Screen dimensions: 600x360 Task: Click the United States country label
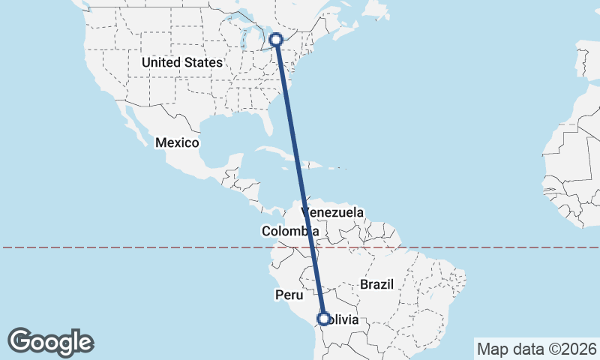[x=182, y=62]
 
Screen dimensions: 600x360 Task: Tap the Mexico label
[x=177, y=142]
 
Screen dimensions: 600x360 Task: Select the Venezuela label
[x=332, y=213]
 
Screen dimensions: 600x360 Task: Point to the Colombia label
[x=290, y=232]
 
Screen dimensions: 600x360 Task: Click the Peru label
[x=288, y=295]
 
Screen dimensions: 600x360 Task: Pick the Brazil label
[x=376, y=285]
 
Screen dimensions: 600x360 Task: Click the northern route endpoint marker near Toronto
[x=277, y=40]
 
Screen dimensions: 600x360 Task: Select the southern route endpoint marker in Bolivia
[x=323, y=319]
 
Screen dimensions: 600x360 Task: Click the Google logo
[x=51, y=342]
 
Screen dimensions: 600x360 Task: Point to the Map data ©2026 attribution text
[x=536, y=349]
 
